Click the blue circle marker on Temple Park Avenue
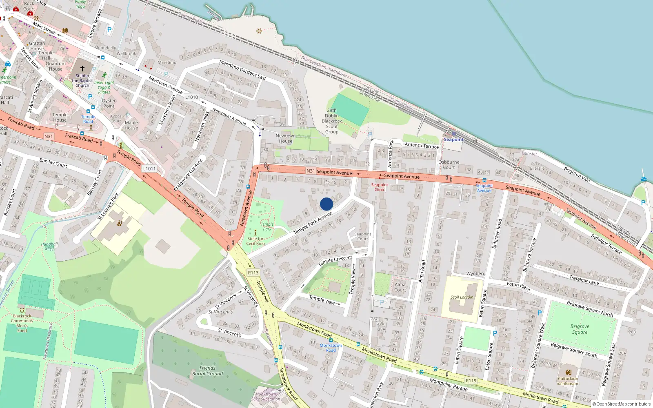coord(326,204)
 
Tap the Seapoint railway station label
coord(453,140)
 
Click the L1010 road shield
coord(191,97)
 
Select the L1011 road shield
coord(149,169)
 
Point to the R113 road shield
coord(253,273)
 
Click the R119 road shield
coord(471,381)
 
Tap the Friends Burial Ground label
coord(207,370)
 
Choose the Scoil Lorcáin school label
coord(462,297)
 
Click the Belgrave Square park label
coord(580,329)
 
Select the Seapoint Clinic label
coord(380,187)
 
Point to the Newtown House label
coord(285,138)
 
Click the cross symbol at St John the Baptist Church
coord(82,69)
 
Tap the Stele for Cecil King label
coord(255,241)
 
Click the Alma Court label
coord(400,287)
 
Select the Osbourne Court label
coord(449,164)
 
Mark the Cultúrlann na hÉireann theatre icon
coord(568,372)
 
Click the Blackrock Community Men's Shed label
coord(22,323)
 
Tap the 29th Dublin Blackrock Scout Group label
coord(331,121)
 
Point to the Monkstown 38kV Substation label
coord(265,397)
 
